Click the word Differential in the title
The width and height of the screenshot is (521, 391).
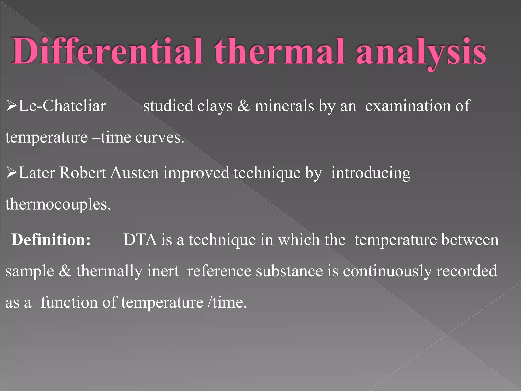click(x=107, y=51)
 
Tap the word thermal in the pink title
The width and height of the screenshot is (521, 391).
click(x=279, y=51)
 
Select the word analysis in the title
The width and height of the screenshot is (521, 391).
click(x=421, y=52)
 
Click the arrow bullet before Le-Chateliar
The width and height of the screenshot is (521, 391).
click(x=11, y=106)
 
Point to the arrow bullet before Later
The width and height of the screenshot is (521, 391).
click(x=11, y=172)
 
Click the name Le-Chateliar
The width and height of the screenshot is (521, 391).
click(x=62, y=106)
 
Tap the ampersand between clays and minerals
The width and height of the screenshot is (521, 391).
click(x=243, y=106)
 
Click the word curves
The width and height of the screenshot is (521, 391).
click(x=160, y=137)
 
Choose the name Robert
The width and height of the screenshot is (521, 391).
click(x=83, y=173)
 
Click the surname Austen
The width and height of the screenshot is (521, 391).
click(x=135, y=173)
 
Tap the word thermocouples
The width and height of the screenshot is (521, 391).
click(x=58, y=204)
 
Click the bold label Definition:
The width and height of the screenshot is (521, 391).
click(x=51, y=240)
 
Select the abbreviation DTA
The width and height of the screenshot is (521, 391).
click(x=140, y=240)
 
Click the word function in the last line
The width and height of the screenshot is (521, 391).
click(x=69, y=302)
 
